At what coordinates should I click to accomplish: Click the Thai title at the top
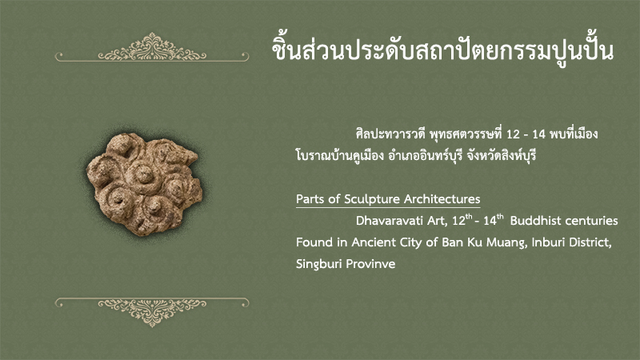(x=443, y=50)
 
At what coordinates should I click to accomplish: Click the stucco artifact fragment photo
(x=144, y=184)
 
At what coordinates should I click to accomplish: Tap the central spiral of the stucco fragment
(x=144, y=175)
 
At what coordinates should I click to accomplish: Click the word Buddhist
(x=534, y=221)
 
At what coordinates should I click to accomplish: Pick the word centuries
(x=590, y=221)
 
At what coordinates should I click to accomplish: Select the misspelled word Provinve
(x=370, y=264)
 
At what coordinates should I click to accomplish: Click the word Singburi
(x=318, y=265)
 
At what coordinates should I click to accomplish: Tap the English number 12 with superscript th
(x=462, y=220)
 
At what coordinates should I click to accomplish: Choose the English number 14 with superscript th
(x=494, y=220)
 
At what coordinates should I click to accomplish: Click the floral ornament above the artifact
(x=152, y=48)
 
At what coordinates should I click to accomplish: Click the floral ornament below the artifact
(x=152, y=312)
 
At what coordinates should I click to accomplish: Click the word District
(x=590, y=242)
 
